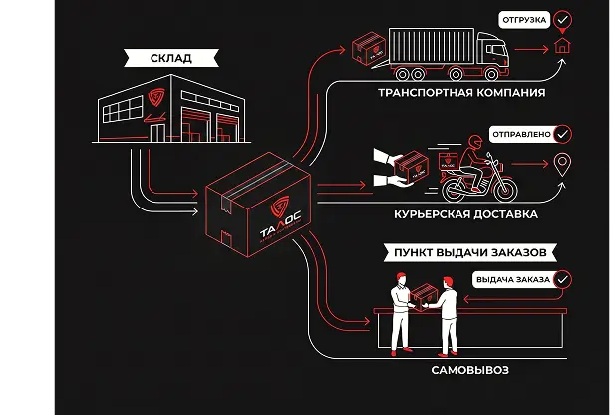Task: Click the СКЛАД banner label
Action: point(171,58)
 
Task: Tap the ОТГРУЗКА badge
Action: point(524,20)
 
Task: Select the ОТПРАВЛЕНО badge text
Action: point(521,134)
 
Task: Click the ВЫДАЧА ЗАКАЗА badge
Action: point(513,279)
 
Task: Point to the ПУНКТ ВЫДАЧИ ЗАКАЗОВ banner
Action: point(469,252)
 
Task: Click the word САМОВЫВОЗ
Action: point(469,370)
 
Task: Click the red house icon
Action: point(562,45)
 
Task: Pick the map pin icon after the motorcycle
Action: point(562,165)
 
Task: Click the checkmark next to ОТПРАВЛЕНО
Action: point(562,134)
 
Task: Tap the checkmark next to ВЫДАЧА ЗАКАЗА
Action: point(562,279)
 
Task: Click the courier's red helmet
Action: point(475,142)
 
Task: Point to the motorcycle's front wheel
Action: point(503,189)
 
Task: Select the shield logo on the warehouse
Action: point(156,97)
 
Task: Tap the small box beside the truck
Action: point(369,48)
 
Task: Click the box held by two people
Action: point(424,297)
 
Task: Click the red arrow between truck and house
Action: point(531,50)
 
